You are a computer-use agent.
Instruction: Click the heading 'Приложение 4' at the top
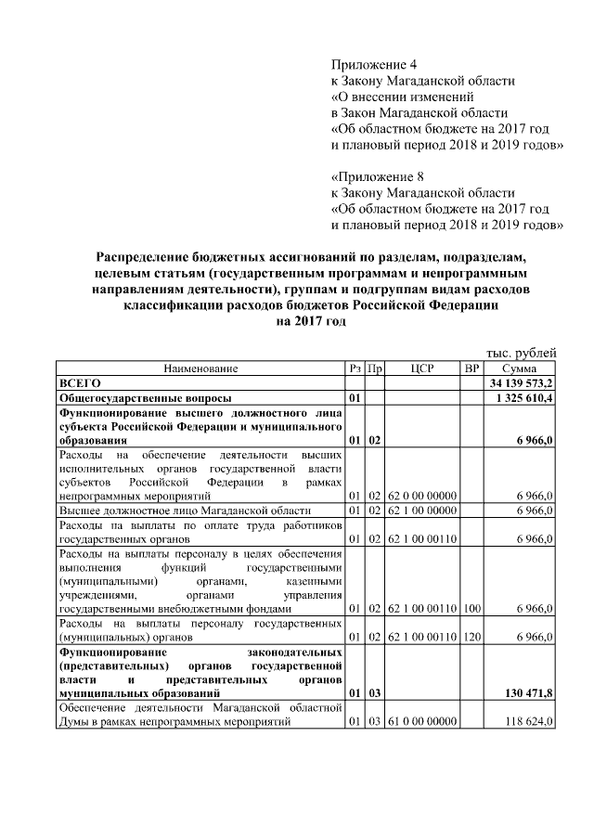tap(374, 65)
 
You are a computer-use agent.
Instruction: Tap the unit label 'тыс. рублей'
tap(522, 353)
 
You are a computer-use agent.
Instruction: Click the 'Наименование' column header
tap(201, 368)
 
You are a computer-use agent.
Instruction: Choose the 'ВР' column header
tap(471, 368)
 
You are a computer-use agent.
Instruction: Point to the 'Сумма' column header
tap(521, 368)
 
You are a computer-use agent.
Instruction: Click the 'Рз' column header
tap(355, 368)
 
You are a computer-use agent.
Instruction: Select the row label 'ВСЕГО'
tap(80, 382)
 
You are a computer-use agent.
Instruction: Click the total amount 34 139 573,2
tap(523, 382)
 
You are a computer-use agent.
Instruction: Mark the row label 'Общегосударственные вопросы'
tap(139, 398)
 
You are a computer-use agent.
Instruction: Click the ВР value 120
tap(471, 638)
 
